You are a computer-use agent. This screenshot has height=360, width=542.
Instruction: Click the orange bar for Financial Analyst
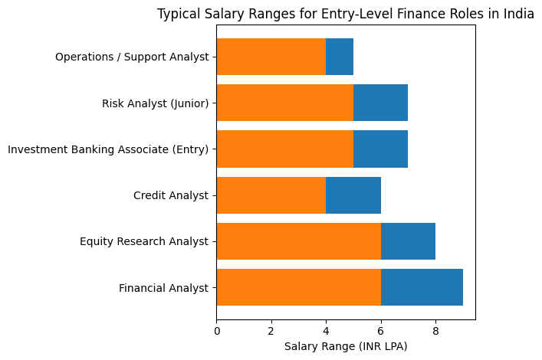click(x=298, y=287)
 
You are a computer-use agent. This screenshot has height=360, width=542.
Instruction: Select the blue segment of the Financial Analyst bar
click(x=422, y=287)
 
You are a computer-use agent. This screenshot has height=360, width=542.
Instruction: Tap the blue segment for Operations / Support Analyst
click(x=340, y=57)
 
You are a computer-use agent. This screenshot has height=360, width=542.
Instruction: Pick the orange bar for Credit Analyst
click(x=271, y=195)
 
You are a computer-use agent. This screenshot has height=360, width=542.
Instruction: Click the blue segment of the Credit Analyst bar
click(x=353, y=195)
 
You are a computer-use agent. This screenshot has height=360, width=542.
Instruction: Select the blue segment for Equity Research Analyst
click(x=408, y=241)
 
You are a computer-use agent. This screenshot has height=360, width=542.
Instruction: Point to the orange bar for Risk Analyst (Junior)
click(x=284, y=103)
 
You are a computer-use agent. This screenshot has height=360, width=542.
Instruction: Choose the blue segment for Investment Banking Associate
click(x=380, y=149)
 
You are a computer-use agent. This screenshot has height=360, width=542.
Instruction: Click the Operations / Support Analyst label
click(x=132, y=57)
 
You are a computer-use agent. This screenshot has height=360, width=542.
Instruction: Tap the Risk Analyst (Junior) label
click(x=155, y=103)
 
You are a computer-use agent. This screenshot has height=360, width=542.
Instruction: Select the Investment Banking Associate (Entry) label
click(x=108, y=149)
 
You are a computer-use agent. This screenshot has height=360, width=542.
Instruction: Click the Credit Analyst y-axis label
click(x=171, y=195)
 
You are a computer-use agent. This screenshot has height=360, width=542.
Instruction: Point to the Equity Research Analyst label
click(x=144, y=242)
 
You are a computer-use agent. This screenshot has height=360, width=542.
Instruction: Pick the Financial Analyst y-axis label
click(x=163, y=288)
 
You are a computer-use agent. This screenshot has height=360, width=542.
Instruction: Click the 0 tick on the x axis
click(x=217, y=331)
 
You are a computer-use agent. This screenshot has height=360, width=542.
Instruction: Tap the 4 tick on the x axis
click(x=326, y=331)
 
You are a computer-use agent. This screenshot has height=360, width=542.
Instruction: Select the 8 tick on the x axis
click(x=435, y=331)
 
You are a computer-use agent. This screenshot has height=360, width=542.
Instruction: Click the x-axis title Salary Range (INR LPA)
click(x=346, y=347)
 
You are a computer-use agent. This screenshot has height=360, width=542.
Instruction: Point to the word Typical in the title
click(x=178, y=14)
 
